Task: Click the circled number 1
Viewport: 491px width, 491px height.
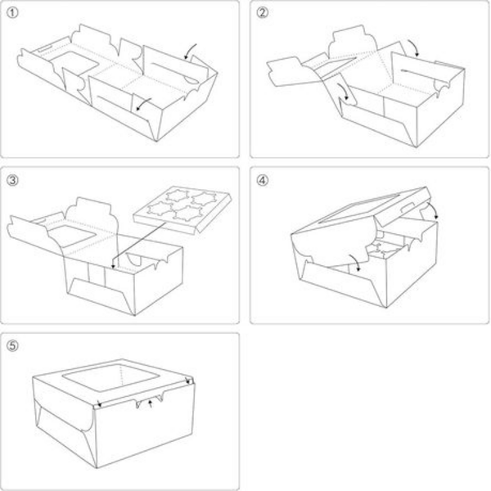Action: pos(12,13)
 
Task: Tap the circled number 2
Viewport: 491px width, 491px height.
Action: pos(263,13)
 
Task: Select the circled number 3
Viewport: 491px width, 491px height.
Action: pos(12,180)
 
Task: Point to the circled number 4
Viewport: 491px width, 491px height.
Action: pos(263,180)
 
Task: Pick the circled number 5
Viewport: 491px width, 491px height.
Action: pos(12,345)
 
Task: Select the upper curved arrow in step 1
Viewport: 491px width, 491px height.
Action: pos(190,51)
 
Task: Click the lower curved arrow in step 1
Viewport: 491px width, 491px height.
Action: pos(142,104)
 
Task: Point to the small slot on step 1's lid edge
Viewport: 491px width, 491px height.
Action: pos(44,48)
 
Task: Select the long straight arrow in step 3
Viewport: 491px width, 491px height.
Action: pos(138,245)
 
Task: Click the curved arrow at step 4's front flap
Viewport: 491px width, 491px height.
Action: pos(355,262)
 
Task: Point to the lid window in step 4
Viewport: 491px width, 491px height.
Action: pos(358,209)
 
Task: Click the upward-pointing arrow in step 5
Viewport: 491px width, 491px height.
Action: pos(151,403)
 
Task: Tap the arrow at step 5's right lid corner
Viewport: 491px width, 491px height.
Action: pos(188,381)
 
